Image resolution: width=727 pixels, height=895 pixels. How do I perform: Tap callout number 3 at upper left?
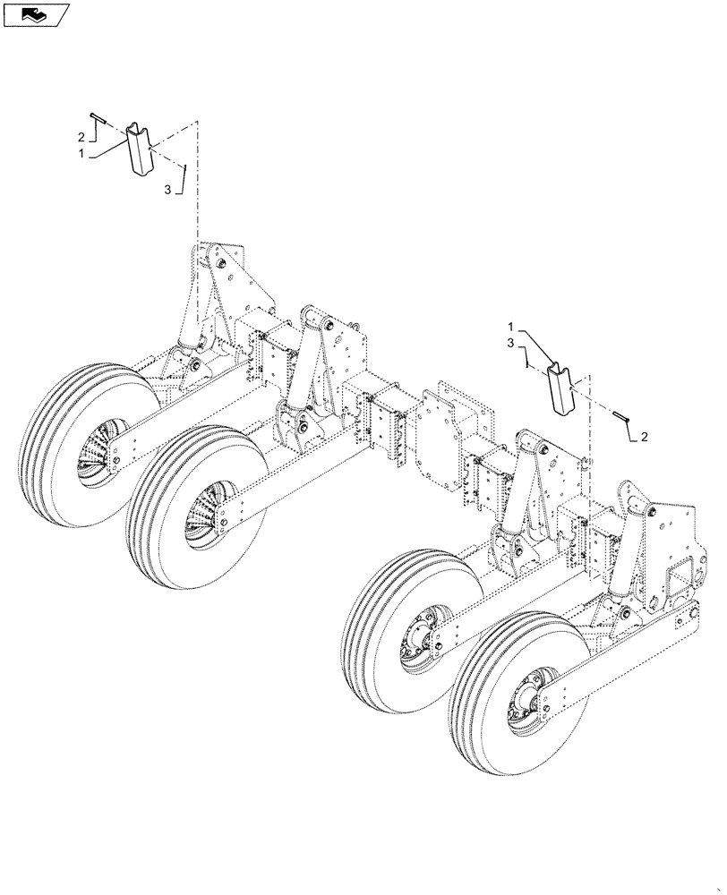point(167,189)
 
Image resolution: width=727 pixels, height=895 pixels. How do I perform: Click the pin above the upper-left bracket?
point(99,119)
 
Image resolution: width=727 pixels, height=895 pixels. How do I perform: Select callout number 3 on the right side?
point(512,343)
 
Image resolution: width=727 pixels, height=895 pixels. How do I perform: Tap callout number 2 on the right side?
point(646,437)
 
